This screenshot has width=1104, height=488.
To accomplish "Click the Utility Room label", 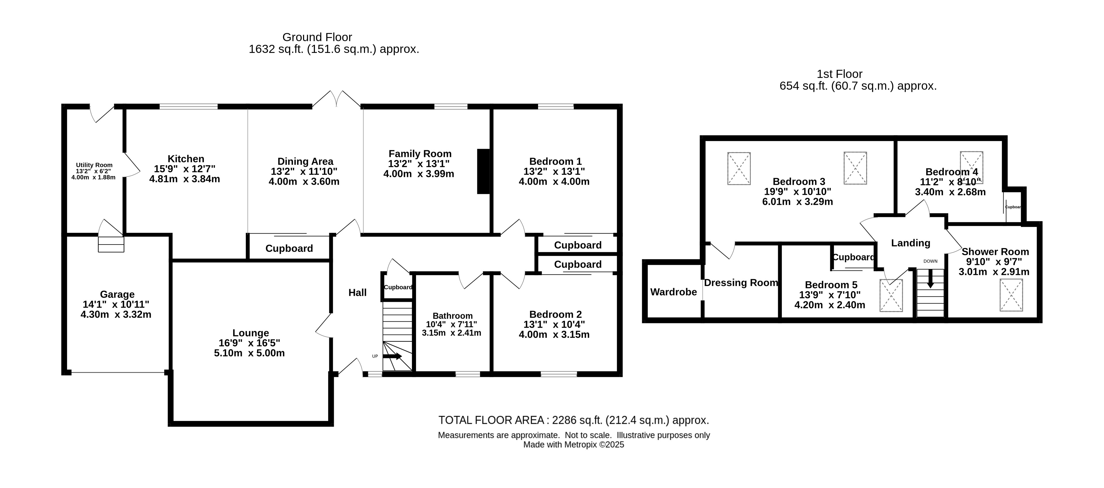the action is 94,165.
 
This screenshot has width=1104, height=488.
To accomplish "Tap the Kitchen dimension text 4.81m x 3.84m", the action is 185,179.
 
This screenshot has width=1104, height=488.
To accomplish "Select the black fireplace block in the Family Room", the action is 483,171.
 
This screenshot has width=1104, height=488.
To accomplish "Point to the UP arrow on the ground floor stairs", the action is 392,356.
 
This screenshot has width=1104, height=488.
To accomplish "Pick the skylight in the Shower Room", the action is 1011,295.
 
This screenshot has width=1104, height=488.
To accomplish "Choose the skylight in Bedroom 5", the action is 892,296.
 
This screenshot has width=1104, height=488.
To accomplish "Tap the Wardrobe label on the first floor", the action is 674,292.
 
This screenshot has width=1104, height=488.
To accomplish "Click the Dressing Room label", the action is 741,283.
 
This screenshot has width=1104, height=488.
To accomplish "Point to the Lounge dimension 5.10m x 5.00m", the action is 249,353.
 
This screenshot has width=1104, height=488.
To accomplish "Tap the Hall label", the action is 358,293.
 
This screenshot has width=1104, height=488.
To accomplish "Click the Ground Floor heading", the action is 317,37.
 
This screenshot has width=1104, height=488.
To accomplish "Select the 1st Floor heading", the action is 839,74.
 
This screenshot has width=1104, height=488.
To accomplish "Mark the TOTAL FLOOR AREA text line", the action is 574,420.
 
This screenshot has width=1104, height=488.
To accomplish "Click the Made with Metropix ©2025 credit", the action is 574,445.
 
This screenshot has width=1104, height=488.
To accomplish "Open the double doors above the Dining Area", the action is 337,98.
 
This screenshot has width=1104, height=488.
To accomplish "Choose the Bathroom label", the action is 453,316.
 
